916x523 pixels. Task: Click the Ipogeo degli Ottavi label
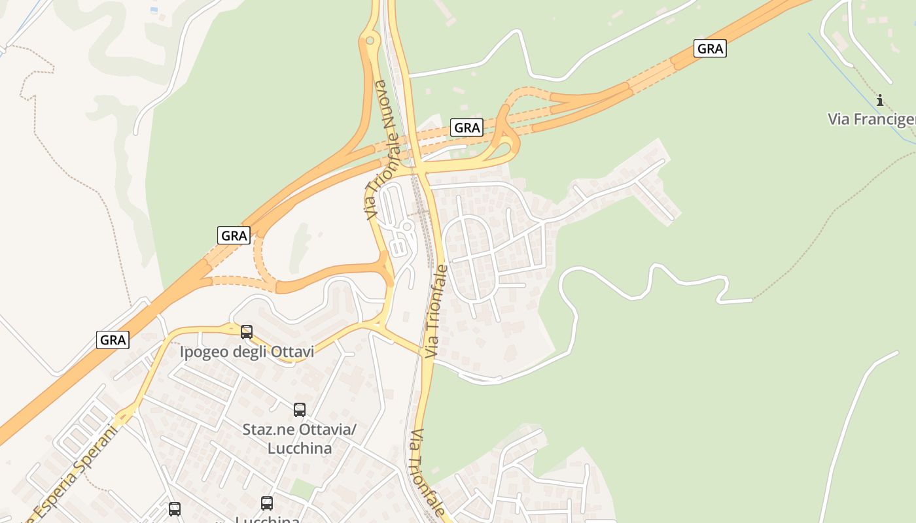click(x=247, y=352)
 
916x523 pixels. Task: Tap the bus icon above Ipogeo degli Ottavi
click(x=247, y=331)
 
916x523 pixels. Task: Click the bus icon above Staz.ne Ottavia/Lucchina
click(x=300, y=410)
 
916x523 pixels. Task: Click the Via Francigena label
click(x=871, y=119)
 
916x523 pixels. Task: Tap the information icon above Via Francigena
click(x=880, y=100)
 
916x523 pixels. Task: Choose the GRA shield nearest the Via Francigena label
click(x=710, y=48)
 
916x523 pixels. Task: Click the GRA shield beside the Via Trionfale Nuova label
click(x=467, y=127)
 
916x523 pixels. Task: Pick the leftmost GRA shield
click(x=113, y=340)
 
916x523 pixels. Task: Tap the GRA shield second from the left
click(x=234, y=235)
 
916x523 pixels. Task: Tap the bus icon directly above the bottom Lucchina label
click(x=267, y=503)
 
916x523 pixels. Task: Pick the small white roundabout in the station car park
click(x=406, y=227)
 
